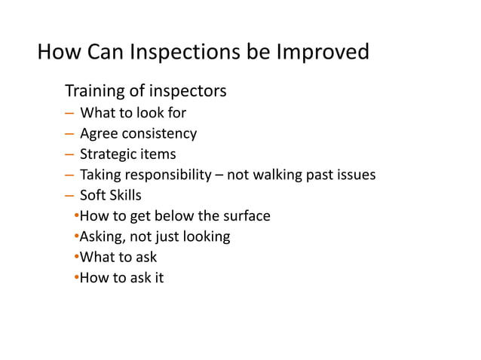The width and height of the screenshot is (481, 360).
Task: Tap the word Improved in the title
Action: click(323, 53)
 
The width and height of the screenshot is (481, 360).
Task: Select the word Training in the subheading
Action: click(94, 92)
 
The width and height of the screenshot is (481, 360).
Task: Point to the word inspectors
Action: click(185, 92)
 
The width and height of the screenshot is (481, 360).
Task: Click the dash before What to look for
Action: click(69, 114)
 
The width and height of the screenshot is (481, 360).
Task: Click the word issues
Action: click(355, 175)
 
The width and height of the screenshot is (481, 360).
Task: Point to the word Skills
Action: click(124, 196)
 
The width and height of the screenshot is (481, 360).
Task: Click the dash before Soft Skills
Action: click(69, 196)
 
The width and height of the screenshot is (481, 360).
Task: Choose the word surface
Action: click(246, 216)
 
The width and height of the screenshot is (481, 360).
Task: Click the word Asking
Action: click(102, 237)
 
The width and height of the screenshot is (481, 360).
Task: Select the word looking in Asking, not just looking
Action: click(204, 237)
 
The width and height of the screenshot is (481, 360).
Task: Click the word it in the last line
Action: click(158, 278)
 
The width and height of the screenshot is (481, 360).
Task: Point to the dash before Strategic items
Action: click(69, 154)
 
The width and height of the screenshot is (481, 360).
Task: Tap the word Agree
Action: click(98, 134)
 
